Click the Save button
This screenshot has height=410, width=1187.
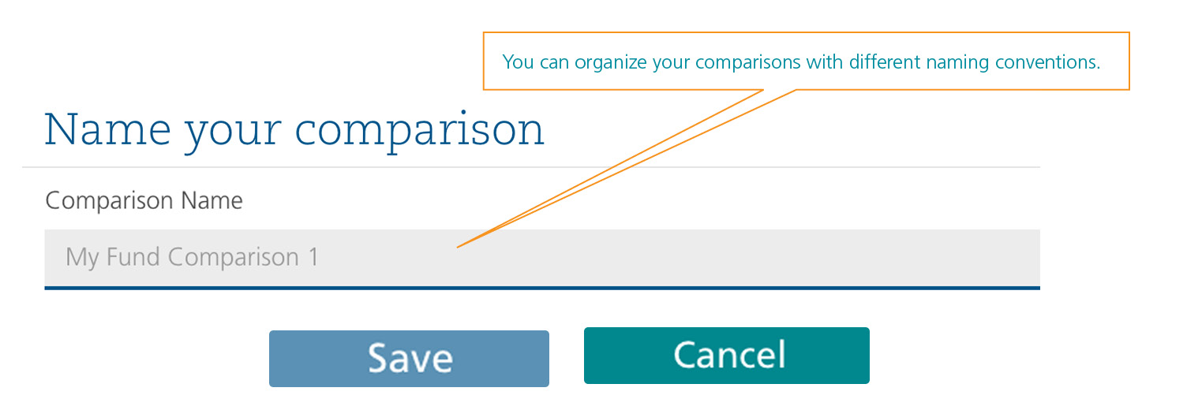409,359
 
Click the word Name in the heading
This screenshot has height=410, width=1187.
107,129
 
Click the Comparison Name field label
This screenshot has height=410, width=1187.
144,201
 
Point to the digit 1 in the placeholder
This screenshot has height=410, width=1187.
313,257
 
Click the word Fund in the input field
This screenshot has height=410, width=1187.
133,257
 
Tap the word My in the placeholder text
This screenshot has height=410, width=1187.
82,259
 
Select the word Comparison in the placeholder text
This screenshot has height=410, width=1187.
233,259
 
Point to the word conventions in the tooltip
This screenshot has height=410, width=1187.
1047,62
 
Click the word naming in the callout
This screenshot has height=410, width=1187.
957,63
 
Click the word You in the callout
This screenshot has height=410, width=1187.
518,62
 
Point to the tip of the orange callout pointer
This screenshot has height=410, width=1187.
457,247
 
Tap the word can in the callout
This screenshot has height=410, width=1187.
554,63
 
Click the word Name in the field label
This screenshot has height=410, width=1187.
212,201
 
